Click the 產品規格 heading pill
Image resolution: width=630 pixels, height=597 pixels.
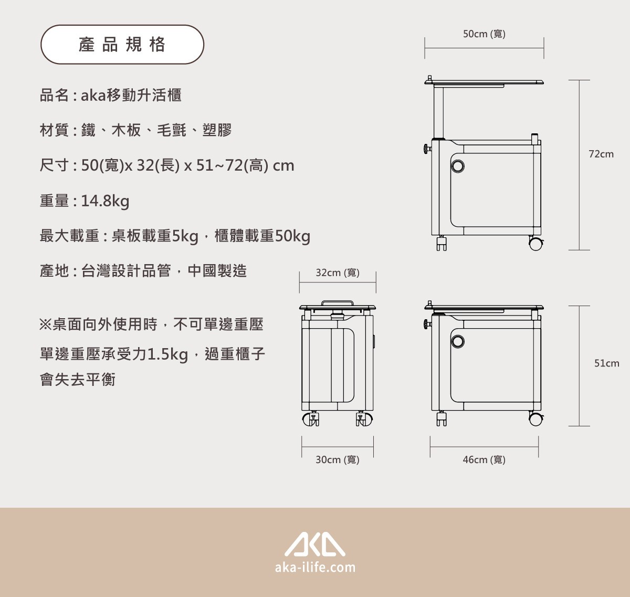[122, 44]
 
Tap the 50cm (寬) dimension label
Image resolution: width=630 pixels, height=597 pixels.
[484, 34]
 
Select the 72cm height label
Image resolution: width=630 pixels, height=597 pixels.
[601, 154]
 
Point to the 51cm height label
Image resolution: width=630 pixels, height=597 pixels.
[606, 363]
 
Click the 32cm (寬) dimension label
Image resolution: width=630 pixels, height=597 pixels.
[338, 273]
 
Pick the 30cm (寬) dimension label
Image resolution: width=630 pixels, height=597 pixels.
[338, 460]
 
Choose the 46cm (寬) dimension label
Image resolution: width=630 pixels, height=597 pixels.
[484, 460]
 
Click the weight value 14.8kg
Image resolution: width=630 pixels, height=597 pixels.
[105, 201]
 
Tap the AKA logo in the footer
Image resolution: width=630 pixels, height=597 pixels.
[314, 544]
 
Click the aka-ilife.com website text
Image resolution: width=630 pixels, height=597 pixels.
[316, 568]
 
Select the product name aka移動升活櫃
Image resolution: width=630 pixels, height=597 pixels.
[131, 95]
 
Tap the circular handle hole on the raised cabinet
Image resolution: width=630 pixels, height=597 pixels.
[458, 166]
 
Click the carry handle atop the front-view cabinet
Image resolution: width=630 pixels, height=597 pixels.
[338, 303]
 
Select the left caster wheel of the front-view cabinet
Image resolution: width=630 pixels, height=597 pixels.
[309, 419]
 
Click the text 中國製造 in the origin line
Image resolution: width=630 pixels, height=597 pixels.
[217, 270]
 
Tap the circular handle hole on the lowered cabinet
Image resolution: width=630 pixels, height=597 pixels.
[458, 341]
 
